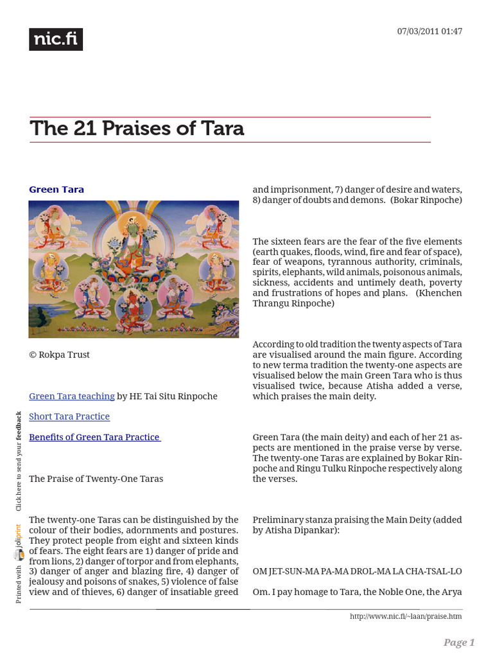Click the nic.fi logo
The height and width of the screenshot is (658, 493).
click(56, 40)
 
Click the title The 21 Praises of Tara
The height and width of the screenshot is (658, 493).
click(137, 129)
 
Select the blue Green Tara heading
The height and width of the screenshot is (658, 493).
click(56, 190)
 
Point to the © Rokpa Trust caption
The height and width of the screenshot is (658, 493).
click(59, 355)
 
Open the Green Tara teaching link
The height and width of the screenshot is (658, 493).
click(72, 396)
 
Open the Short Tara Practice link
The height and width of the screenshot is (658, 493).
click(69, 416)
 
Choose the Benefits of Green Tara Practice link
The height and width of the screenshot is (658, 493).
click(94, 437)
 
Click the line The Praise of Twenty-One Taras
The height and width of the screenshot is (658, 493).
click(96, 478)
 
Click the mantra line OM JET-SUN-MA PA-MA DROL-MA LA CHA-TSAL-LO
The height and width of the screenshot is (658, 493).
click(357, 571)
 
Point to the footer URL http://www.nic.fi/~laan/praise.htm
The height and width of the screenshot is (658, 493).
click(406, 616)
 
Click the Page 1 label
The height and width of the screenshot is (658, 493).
click(459, 643)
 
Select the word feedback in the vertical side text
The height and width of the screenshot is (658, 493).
click(19, 426)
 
